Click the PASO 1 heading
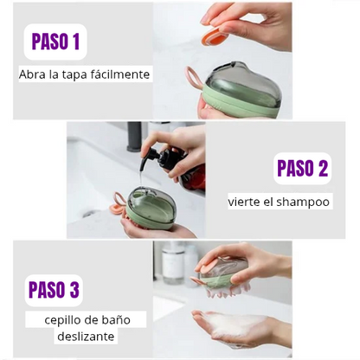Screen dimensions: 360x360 point(55,42)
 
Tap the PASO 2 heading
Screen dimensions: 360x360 point(303,169)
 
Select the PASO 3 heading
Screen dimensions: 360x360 point(54,290)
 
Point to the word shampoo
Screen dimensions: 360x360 point(303,202)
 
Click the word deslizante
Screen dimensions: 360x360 point(86,337)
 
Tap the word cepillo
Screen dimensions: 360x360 point(63,320)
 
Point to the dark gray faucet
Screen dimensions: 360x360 point(134,136)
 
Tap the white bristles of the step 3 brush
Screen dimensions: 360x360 point(228,292)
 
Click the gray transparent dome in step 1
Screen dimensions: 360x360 point(241,83)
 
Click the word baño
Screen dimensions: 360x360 point(119,319)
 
